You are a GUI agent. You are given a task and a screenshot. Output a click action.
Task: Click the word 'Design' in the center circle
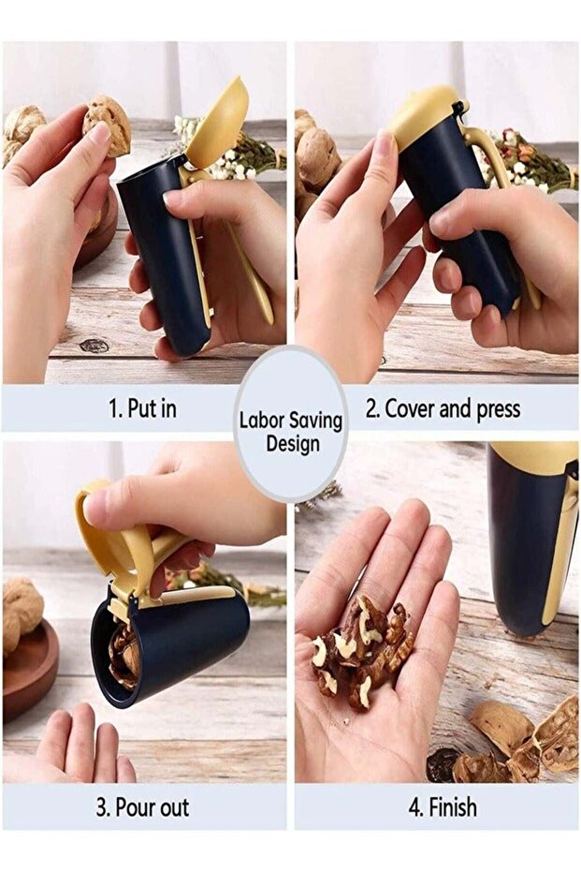292,443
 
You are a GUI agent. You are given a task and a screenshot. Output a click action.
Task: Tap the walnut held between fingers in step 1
107,125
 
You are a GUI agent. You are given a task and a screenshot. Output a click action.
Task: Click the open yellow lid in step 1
222,121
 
